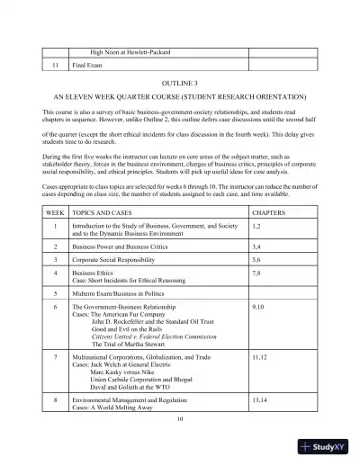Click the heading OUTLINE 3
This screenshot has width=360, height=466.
179,80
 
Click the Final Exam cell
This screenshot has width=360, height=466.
90,66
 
